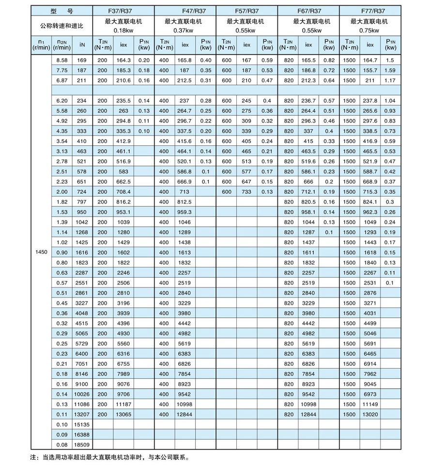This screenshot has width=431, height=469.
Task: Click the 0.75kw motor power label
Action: click(370, 31)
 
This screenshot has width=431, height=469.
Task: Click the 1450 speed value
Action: click(41, 252)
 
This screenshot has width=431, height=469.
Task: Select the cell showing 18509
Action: click(81, 444)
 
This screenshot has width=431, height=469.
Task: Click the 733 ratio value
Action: click(246, 192)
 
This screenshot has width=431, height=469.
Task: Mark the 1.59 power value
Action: click(390, 70)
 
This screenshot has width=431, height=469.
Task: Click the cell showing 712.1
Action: click(308, 192)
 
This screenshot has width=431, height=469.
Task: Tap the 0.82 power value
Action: click(329, 60)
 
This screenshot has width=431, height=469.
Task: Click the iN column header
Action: click(82, 45)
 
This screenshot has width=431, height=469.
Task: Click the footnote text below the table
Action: click(107, 457)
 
